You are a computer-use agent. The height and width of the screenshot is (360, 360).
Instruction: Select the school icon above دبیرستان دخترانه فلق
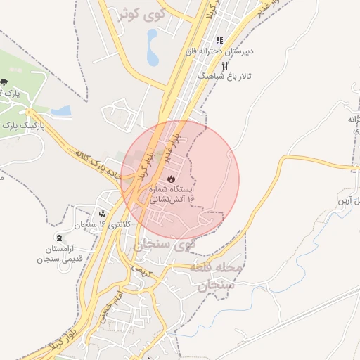pyautogui.click(x=219, y=41)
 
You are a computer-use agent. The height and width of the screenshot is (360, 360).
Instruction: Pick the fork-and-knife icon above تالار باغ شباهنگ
pyautogui.click(x=224, y=65)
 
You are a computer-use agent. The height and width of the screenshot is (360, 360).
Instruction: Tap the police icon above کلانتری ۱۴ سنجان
pyautogui.click(x=102, y=213)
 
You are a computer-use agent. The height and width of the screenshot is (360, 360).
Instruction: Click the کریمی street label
pyautogui.click(x=141, y=271)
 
